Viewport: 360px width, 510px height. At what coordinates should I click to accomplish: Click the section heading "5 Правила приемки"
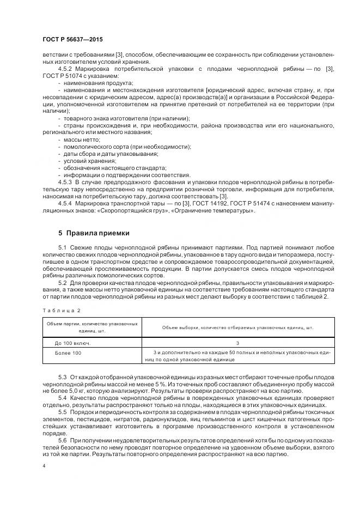tap(94, 233)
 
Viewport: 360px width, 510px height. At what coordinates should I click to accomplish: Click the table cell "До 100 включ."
tap(72, 343)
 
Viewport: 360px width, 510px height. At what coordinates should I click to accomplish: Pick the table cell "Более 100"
tap(68, 354)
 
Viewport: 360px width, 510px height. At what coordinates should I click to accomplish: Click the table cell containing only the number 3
tap(237, 343)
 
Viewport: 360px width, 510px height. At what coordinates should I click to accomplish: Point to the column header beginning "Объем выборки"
tap(237, 327)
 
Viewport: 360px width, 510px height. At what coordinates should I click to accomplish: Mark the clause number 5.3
tap(62, 377)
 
